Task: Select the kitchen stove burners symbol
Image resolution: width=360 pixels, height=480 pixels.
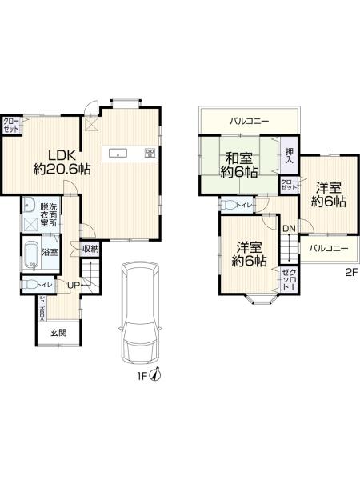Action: [x=149, y=152]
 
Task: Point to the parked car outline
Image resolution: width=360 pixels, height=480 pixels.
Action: [x=140, y=312]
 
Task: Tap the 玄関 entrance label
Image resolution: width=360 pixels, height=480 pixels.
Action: [x=58, y=333]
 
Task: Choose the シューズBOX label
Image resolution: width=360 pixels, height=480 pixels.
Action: [x=43, y=308]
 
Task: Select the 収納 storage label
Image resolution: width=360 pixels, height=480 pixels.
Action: [x=90, y=249]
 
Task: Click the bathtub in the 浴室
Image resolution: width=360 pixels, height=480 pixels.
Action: [x=30, y=256]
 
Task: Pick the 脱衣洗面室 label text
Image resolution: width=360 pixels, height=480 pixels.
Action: [x=47, y=214]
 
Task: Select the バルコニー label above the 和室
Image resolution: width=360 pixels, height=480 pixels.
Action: [x=249, y=122]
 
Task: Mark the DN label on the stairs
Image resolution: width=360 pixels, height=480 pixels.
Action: [x=288, y=230]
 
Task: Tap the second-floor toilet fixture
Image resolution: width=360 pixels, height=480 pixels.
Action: [x=229, y=206]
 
